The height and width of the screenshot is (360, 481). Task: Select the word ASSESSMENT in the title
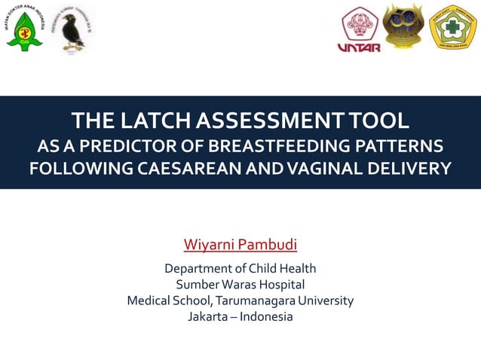tap(274, 120)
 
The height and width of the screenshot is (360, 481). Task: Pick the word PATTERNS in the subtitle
tap(403, 144)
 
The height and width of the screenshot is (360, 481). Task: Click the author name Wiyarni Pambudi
tap(240, 245)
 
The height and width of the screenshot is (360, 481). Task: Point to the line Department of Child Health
tap(240, 268)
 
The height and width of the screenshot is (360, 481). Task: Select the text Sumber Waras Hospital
tap(240, 284)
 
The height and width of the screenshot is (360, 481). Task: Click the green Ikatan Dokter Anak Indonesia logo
tap(25, 29)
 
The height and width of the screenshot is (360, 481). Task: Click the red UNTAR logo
tap(360, 30)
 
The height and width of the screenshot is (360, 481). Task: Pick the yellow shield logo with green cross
tap(452, 28)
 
